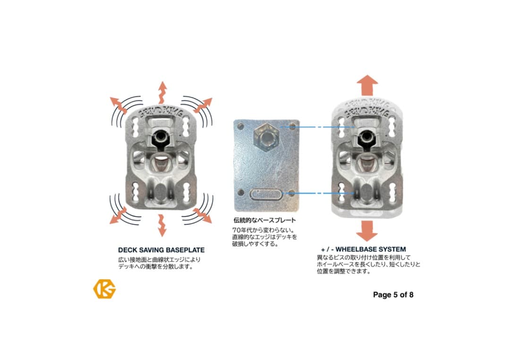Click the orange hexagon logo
[x=104, y=289]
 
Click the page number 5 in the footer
[x=395, y=295]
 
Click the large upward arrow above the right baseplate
[x=367, y=85]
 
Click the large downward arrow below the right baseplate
[x=367, y=231]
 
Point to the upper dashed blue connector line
[x=317, y=127]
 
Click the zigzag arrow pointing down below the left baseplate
[x=161, y=226]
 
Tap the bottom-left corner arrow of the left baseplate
[x=119, y=216]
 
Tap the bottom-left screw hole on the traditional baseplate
[x=241, y=192]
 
